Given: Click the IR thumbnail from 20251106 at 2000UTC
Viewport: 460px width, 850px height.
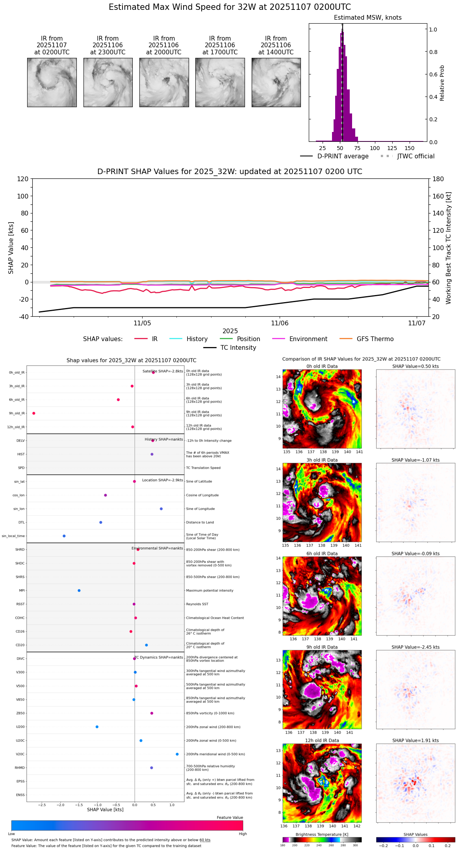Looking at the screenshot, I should pos(164,82).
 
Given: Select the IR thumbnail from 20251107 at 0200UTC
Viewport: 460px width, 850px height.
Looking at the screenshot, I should pos(52,82).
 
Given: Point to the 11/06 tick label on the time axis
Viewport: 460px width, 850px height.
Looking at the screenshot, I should pos(280,323).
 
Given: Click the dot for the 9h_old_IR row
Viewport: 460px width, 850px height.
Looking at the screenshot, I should pos(34,413).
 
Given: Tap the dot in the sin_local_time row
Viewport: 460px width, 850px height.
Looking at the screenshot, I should pos(64,536).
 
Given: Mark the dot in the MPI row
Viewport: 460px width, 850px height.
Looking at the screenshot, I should pos(79,590).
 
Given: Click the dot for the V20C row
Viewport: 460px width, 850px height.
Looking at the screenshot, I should pos(177,754).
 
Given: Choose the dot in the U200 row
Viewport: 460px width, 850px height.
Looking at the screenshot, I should pos(97,727).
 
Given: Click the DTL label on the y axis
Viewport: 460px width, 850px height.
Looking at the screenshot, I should pos(22,523).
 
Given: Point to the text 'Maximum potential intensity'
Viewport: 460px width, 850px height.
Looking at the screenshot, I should pos(210,591).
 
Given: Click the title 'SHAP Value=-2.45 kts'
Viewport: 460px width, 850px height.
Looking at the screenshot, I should pos(415,647).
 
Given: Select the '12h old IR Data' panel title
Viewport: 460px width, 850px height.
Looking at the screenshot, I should pos(322,741).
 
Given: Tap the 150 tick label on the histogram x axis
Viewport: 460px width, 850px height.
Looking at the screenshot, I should pos(410,148).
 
